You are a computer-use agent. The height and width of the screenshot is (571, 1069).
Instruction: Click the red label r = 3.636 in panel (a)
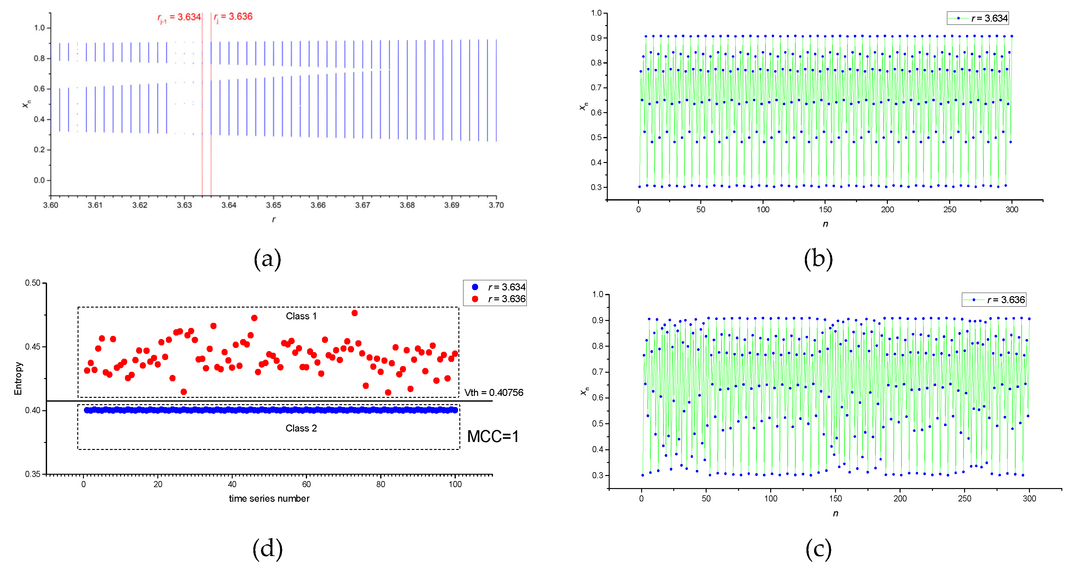coord(233,17)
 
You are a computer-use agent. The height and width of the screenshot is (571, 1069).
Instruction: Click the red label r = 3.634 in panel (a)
coord(180,17)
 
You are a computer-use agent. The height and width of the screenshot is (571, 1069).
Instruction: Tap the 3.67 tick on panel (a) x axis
coord(362,205)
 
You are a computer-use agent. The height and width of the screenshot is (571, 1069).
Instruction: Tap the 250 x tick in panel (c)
coord(964,498)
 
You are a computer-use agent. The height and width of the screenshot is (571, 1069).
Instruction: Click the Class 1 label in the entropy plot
coord(301,316)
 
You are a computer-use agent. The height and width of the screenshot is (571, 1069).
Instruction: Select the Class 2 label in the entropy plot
coord(301,428)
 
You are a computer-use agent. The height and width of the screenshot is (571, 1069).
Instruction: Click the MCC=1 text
coord(493,437)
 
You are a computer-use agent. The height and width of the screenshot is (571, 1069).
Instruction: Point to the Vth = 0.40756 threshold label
coord(493,392)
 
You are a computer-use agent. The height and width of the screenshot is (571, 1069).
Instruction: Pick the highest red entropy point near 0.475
coord(354,313)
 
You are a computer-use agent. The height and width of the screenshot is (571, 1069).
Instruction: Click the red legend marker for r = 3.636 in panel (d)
coord(475,299)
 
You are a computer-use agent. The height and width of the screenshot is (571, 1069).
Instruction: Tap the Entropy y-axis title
coord(18,378)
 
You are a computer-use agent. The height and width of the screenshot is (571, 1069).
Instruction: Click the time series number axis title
coord(269,498)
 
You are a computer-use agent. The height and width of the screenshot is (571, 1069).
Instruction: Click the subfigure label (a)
coord(267,259)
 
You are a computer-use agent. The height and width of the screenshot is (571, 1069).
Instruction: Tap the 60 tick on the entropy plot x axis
coord(306,484)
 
